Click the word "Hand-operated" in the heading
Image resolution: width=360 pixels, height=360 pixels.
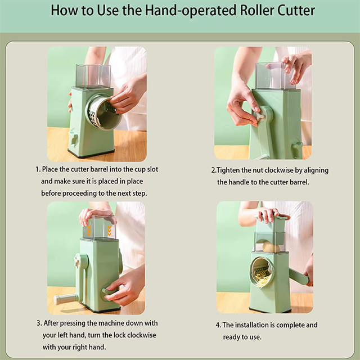coord(190,11)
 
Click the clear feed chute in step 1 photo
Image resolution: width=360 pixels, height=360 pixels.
coord(93,76)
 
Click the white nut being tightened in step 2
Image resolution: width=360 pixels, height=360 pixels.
coord(260,116)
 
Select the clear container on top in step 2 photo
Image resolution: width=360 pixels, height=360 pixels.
coord(271,75)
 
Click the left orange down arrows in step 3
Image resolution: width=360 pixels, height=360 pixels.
coord(89,230)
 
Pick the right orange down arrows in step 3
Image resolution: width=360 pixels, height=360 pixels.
coord(109,230)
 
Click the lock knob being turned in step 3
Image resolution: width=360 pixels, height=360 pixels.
coord(109,292)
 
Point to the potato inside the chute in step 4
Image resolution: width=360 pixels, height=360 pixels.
coord(271,247)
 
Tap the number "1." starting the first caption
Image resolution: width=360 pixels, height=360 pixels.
coord(38,169)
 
